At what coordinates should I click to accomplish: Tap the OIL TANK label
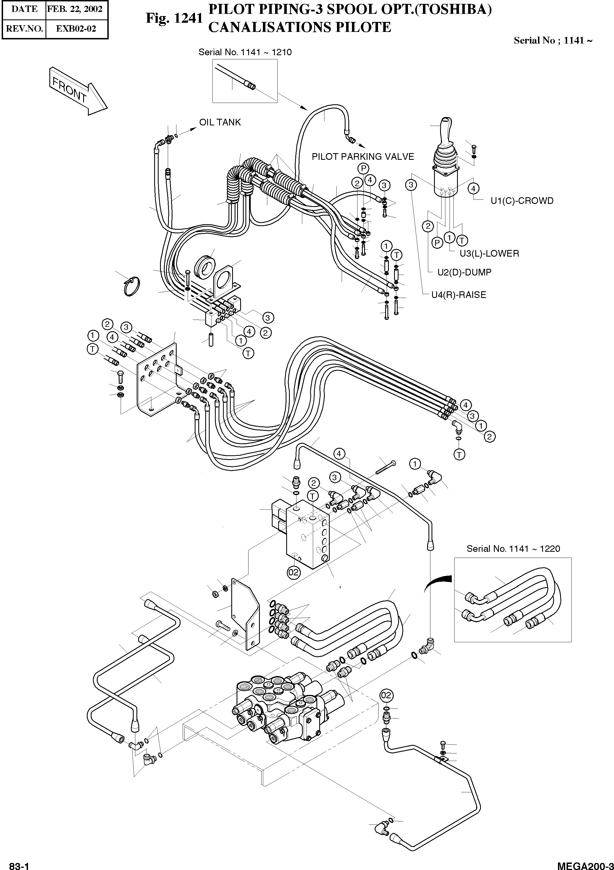220,122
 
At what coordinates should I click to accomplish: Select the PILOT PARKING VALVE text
362,156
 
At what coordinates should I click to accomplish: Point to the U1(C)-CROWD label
522,201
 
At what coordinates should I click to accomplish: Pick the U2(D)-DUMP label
464,272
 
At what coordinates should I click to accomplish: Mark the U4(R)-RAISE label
458,295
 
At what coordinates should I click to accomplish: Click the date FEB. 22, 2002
75,9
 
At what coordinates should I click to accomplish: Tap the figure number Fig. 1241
174,18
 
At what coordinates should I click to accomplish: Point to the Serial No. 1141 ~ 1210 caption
245,52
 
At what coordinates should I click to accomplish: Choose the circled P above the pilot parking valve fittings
363,168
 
